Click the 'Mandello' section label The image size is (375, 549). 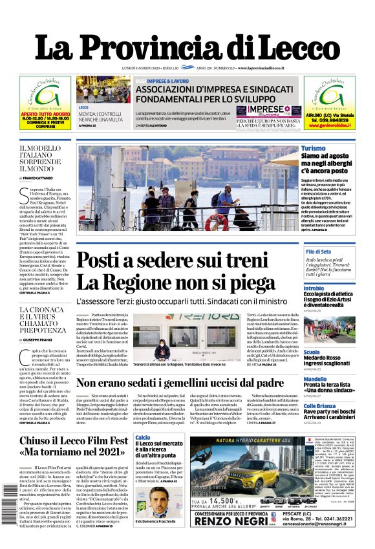tap(315, 379)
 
